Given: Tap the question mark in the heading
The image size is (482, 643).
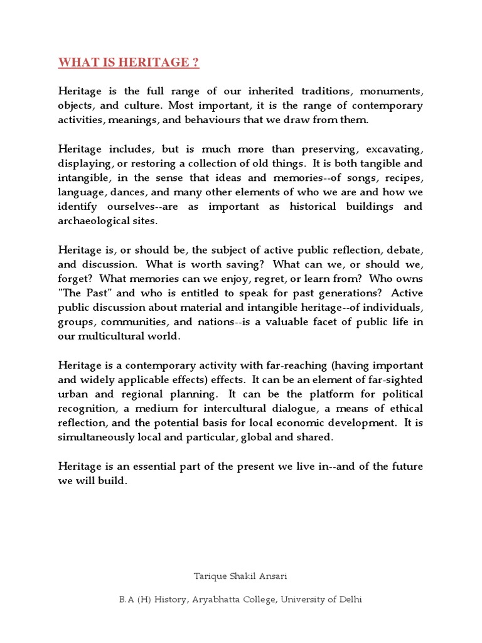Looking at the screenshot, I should (196, 62).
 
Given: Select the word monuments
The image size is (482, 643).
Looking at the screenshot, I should (393, 91).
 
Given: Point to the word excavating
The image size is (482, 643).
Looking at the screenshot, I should (394, 149).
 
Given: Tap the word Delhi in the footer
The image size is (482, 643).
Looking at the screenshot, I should (350, 599).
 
